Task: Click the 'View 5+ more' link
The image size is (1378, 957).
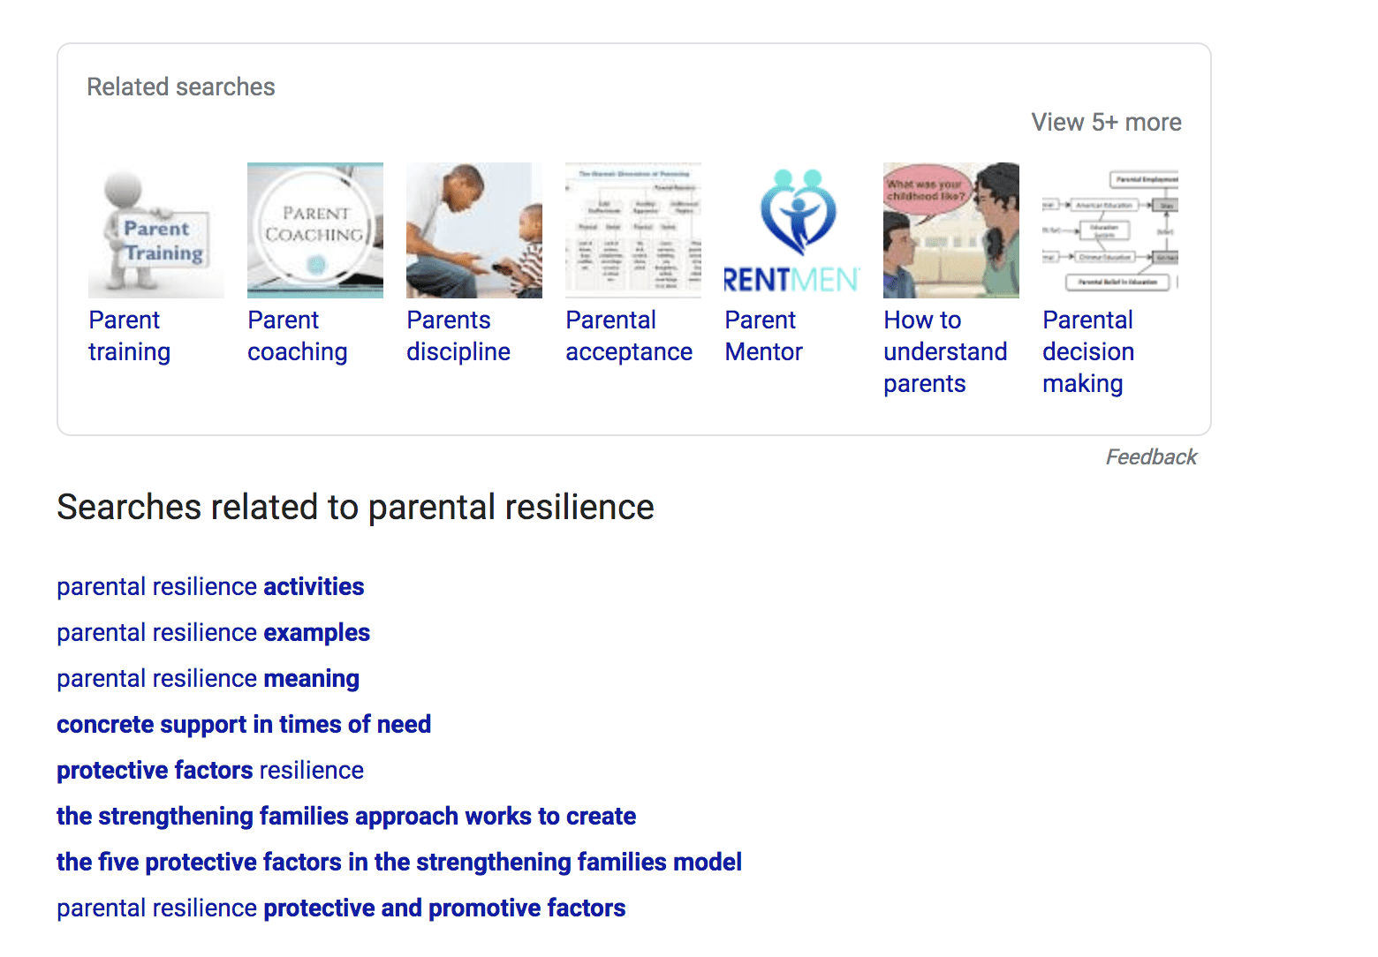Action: coord(1106,122)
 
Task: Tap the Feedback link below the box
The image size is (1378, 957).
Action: coord(1151,456)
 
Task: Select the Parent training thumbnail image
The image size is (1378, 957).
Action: coord(155,230)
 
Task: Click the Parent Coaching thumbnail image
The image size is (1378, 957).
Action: coord(315,230)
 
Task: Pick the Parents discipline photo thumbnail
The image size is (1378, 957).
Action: coord(474,230)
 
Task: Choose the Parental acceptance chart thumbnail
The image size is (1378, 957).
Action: coord(633,230)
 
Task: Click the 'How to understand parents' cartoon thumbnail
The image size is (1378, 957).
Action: coord(951,230)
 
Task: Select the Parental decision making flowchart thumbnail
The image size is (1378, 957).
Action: coord(1110,230)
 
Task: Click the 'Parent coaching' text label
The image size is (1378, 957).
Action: coord(297,335)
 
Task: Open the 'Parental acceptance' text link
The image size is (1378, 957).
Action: coord(628,335)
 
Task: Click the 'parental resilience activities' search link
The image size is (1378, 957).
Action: coord(210,587)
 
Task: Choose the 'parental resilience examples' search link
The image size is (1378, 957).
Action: coord(213,633)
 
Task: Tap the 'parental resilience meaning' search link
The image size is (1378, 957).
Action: coord(208,679)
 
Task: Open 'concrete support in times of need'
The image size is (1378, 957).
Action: coord(244,725)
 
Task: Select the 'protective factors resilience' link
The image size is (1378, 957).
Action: coord(210,771)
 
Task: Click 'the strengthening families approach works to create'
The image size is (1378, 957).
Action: coord(346,817)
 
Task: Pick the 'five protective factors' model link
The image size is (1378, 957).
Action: coord(399,863)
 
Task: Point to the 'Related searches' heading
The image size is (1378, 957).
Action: coord(181,87)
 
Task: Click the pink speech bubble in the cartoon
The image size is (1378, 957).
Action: coord(925,189)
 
